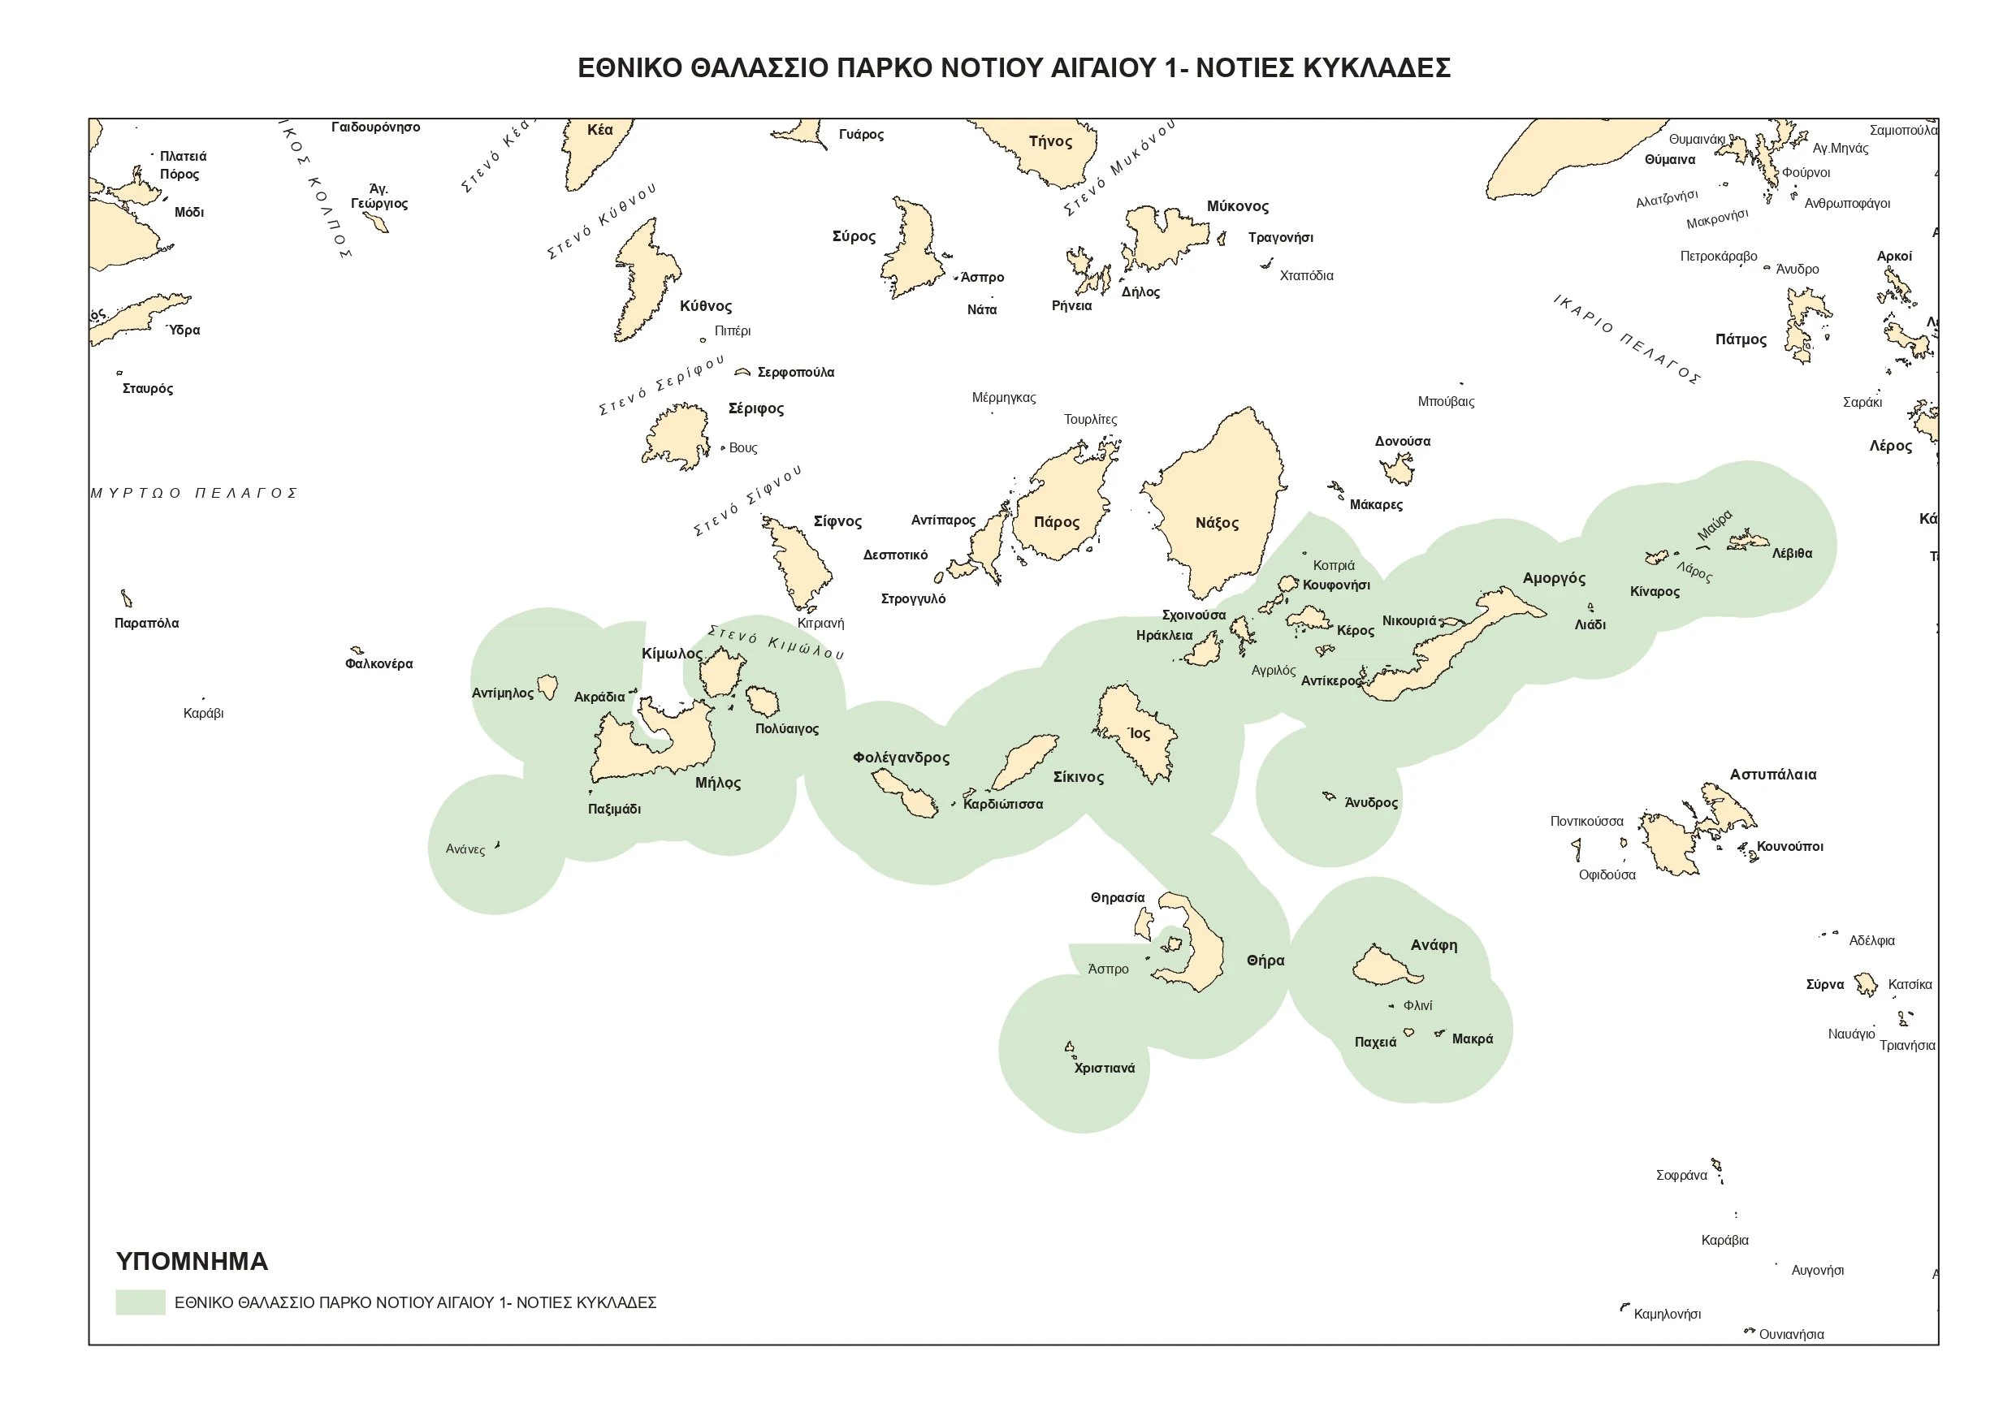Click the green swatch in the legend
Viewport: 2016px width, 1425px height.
pyautogui.click(x=141, y=1302)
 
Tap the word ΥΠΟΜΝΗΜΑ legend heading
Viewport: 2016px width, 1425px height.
pyautogui.click(x=192, y=1262)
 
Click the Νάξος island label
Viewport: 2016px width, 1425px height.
pyautogui.click(x=1217, y=523)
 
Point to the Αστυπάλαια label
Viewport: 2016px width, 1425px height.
pyautogui.click(x=1773, y=775)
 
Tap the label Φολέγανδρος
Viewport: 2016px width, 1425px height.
pyautogui.click(x=901, y=757)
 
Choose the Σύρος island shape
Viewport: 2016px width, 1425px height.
pyautogui.click(x=913, y=250)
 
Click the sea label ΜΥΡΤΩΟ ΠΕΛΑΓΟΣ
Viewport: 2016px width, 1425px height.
pyautogui.click(x=194, y=494)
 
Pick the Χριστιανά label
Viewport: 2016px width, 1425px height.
pyautogui.click(x=1105, y=1069)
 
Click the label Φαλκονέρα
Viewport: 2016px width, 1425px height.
pyautogui.click(x=379, y=663)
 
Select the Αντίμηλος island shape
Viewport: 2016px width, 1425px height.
pyautogui.click(x=547, y=686)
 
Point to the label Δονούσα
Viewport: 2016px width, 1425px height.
pyautogui.click(x=1402, y=441)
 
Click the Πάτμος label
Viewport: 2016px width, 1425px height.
pyautogui.click(x=1741, y=339)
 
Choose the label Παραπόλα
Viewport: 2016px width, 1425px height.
pyautogui.click(x=147, y=624)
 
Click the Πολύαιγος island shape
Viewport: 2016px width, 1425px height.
pyautogui.click(x=762, y=701)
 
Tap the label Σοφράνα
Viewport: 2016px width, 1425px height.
pyautogui.click(x=1681, y=1175)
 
